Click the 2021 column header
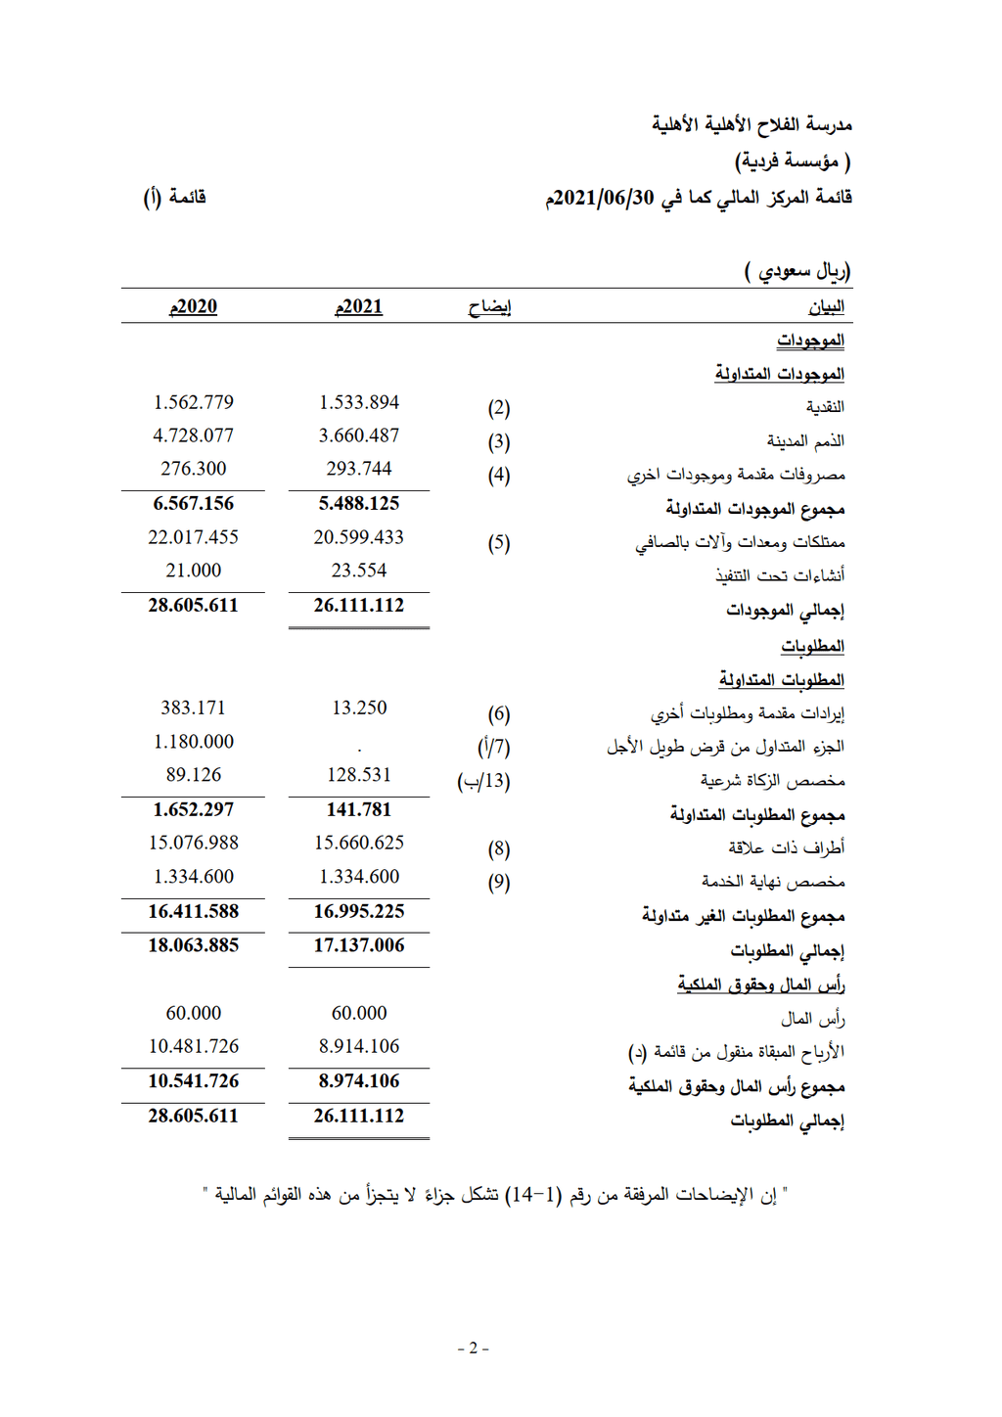pyautogui.click(x=359, y=306)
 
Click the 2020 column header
pyautogui.click(x=194, y=306)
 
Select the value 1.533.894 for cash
pyautogui.click(x=359, y=402)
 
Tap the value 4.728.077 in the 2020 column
pyautogui.click(x=194, y=435)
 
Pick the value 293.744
pyautogui.click(x=359, y=469)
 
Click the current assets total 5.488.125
pyautogui.click(x=359, y=503)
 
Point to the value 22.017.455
pyautogui.click(x=194, y=537)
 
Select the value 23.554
pyautogui.click(x=359, y=571)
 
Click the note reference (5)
pyautogui.click(x=499, y=543)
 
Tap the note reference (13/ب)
pyautogui.click(x=484, y=781)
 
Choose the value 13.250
pyautogui.click(x=359, y=708)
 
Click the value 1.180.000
pyautogui.click(x=194, y=742)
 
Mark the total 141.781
pyautogui.click(x=359, y=809)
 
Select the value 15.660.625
pyautogui.click(x=359, y=843)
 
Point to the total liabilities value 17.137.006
pyautogui.click(x=359, y=945)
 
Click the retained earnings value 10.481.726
pyautogui.click(x=194, y=1046)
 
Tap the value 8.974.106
pyautogui.click(x=359, y=1080)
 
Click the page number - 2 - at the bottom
pyautogui.click(x=474, y=1348)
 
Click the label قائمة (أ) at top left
pyautogui.click(x=175, y=198)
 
